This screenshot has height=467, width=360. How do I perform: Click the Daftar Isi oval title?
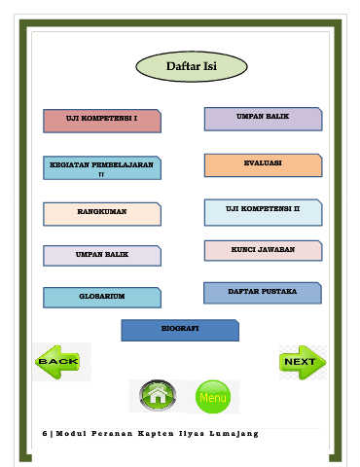pyautogui.click(x=192, y=66)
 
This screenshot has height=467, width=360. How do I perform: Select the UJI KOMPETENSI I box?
pyautogui.click(x=102, y=121)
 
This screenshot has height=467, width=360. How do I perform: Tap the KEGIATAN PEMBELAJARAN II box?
pyautogui.click(x=102, y=168)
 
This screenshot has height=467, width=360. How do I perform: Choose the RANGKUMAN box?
pyautogui.click(x=102, y=214)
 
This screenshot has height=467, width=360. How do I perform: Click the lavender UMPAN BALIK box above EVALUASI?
pyautogui.click(x=263, y=119)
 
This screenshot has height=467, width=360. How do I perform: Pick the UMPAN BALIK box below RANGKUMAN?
pyautogui.click(x=102, y=256)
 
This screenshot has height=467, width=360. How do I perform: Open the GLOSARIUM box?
pyautogui.click(x=102, y=298)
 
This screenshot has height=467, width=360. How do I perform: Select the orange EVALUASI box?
pyautogui.click(x=263, y=165)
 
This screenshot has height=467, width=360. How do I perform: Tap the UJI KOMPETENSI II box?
pyautogui.click(x=263, y=212)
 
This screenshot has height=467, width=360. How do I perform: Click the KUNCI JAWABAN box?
pyautogui.click(x=263, y=251)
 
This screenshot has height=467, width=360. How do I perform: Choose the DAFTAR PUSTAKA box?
pyautogui.click(x=263, y=293)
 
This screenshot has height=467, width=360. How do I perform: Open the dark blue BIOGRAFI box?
pyautogui.click(x=180, y=330)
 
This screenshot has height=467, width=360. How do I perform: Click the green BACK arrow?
pyautogui.click(x=57, y=362)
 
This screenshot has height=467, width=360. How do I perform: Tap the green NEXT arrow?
pyautogui.click(x=303, y=362)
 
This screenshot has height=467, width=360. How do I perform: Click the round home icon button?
pyautogui.click(x=158, y=395)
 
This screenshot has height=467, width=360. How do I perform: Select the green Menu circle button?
pyautogui.click(x=213, y=397)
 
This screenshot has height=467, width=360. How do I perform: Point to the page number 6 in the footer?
pyautogui.click(x=45, y=433)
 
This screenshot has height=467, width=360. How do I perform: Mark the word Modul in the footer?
pyautogui.click(x=71, y=433)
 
